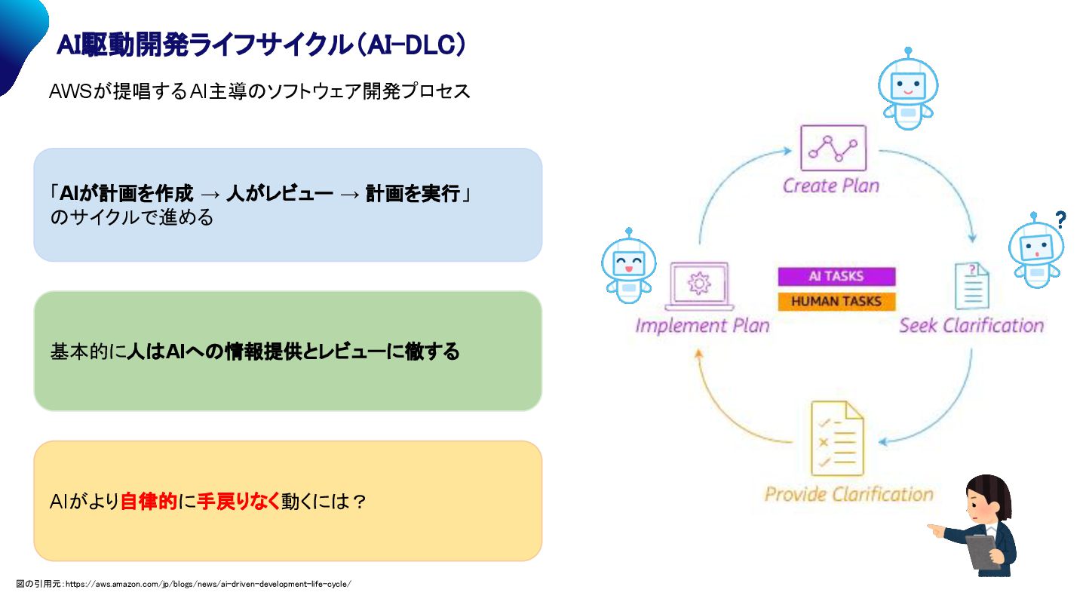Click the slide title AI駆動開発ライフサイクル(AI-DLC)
pyautogui.click(x=261, y=45)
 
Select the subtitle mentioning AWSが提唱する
pyautogui.click(x=259, y=91)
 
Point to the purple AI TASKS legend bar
pyautogui.click(x=836, y=276)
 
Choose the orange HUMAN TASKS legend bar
pyautogui.click(x=836, y=302)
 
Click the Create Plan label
pyautogui.click(x=831, y=186)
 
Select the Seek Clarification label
pyautogui.click(x=971, y=326)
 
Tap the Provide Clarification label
pyautogui.click(x=849, y=495)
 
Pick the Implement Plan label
pyautogui.click(x=702, y=326)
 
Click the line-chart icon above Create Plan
pyautogui.click(x=833, y=149)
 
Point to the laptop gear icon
pyautogui.click(x=700, y=286)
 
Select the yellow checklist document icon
pyautogui.click(x=836, y=438)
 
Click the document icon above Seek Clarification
pyautogui.click(x=972, y=286)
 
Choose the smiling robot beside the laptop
pyautogui.click(x=628, y=266)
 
